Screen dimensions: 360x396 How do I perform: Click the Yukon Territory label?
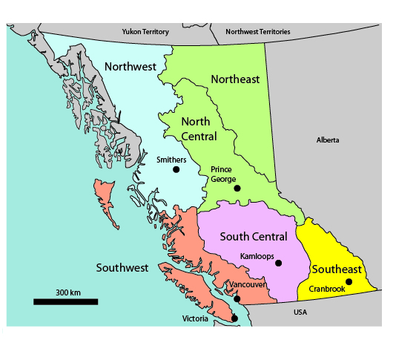pos(146,32)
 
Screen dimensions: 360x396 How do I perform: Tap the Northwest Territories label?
pos(258,32)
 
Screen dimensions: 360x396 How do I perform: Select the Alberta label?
pos(327,140)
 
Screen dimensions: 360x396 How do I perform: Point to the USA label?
pos(300,312)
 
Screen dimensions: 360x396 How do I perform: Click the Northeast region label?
pos(235,79)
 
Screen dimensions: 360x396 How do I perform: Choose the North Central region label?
pos(199,129)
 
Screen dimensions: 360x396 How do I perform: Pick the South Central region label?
pos(253,237)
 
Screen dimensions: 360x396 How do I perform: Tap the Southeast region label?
pos(337,269)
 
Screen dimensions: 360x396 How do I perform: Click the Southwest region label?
pos(122,267)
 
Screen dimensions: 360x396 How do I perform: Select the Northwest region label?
pos(130,67)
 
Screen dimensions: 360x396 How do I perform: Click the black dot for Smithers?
pos(176,169)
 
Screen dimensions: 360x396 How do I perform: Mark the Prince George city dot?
pos(237,188)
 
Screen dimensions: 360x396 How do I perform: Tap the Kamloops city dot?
pos(279,263)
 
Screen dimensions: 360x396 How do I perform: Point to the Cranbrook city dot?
pos(349,281)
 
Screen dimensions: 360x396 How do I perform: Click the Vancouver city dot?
pos(237,298)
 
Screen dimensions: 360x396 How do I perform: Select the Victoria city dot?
pos(234,318)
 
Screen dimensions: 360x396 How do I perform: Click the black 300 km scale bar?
pos(65,301)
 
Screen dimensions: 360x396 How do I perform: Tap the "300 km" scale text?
pos(68,292)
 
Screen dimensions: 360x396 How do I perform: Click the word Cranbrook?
pos(327,289)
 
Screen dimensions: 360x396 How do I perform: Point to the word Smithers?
pos(171,160)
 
